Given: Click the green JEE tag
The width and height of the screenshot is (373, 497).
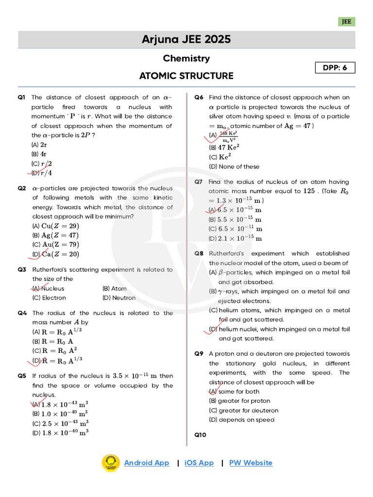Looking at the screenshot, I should pos(347,22).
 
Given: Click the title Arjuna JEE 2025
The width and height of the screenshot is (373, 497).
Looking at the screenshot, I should pos(186,39).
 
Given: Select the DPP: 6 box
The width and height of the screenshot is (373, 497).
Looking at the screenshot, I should pos(335,67).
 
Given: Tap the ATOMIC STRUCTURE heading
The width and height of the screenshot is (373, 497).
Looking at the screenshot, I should pos(186,76).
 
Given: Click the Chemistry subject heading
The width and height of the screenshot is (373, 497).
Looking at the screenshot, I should pos(186,58).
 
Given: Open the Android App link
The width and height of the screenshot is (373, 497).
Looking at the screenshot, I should pos(146,463).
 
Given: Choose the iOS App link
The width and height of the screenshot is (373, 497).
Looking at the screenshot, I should pos(199,463).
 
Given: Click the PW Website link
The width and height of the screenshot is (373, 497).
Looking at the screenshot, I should pos(251,463).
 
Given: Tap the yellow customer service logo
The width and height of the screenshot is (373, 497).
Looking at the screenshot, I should pos(111,463).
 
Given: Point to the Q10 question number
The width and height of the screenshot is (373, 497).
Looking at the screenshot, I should pos(200,435).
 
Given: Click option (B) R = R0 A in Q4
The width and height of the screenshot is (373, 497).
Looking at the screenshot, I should pos(54,341).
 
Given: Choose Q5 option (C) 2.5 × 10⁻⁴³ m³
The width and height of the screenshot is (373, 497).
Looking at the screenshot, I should pos(60,423).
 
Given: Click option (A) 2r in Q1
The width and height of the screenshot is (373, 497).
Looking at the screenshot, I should pos(39,145).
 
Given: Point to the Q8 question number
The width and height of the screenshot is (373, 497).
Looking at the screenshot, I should pos(199,253).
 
